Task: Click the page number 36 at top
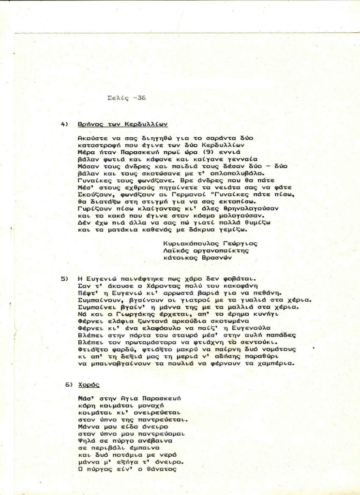pyautogui.click(x=141, y=98)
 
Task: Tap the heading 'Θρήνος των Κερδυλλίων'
pyautogui.click(x=122, y=124)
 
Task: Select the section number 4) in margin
pyautogui.click(x=64, y=124)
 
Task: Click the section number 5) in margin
pyautogui.click(x=64, y=279)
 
